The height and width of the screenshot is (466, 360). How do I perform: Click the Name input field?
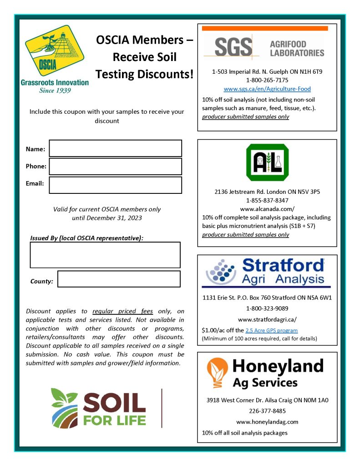(x=115, y=148)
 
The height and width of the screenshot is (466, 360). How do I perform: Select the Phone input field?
(x=115, y=167)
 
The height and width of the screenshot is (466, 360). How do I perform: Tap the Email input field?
(x=115, y=185)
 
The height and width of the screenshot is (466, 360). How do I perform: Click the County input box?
(x=119, y=279)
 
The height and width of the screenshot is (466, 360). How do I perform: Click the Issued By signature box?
(x=105, y=254)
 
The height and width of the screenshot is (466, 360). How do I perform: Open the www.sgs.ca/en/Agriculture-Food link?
(x=267, y=89)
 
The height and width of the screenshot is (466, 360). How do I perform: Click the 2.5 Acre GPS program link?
(x=271, y=330)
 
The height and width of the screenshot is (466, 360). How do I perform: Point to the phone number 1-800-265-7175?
(x=267, y=80)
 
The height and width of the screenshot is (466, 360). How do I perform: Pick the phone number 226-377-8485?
(x=267, y=410)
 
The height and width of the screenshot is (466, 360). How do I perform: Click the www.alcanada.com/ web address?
(x=267, y=209)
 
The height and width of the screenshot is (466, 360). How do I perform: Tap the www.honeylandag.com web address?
(x=267, y=422)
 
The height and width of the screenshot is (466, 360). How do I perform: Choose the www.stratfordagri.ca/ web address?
(x=267, y=319)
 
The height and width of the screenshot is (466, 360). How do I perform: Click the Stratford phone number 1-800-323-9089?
(x=267, y=309)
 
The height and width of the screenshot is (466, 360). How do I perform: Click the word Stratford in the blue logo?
(x=283, y=265)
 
